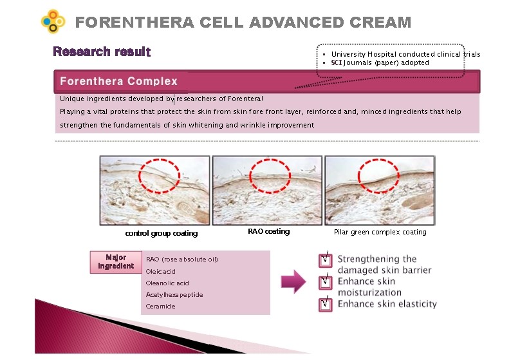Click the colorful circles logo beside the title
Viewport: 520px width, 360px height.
click(x=53, y=21)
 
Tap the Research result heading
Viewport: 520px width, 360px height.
click(x=102, y=52)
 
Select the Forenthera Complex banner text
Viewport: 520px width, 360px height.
click(x=118, y=81)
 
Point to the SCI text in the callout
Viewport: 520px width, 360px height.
click(x=337, y=62)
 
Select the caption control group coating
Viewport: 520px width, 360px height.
click(x=162, y=233)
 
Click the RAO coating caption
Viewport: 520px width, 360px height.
click(x=268, y=231)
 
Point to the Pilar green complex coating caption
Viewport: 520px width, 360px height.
click(x=380, y=232)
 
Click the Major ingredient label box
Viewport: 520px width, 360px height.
click(x=116, y=262)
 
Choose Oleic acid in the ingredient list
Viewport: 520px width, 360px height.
click(x=160, y=271)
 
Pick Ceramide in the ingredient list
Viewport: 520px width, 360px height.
click(x=160, y=307)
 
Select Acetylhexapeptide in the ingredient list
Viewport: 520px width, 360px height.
click(x=174, y=295)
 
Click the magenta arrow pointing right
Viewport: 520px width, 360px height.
click(x=293, y=281)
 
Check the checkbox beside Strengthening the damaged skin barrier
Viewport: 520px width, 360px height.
click(x=326, y=260)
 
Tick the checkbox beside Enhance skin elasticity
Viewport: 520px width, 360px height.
click(x=326, y=304)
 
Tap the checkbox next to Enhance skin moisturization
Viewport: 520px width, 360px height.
click(x=326, y=282)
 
